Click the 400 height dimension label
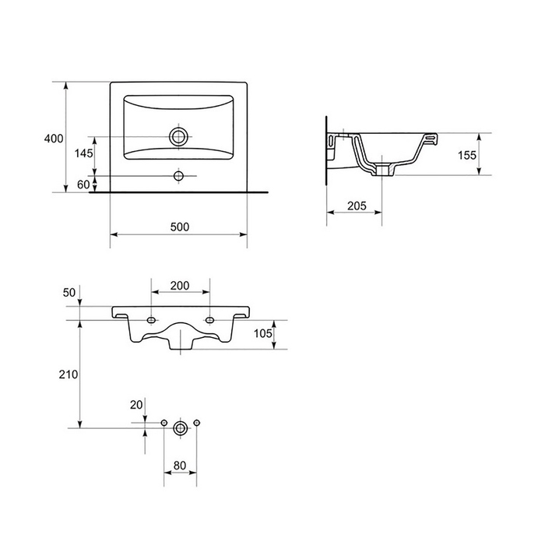(x=54, y=139)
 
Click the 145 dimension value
(x=84, y=153)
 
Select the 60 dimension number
(x=83, y=185)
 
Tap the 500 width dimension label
(x=180, y=227)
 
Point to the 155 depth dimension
(x=467, y=155)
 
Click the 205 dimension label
(x=357, y=206)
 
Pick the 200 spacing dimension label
(x=180, y=286)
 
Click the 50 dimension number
(x=69, y=293)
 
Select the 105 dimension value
(x=263, y=333)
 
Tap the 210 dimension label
(x=69, y=374)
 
